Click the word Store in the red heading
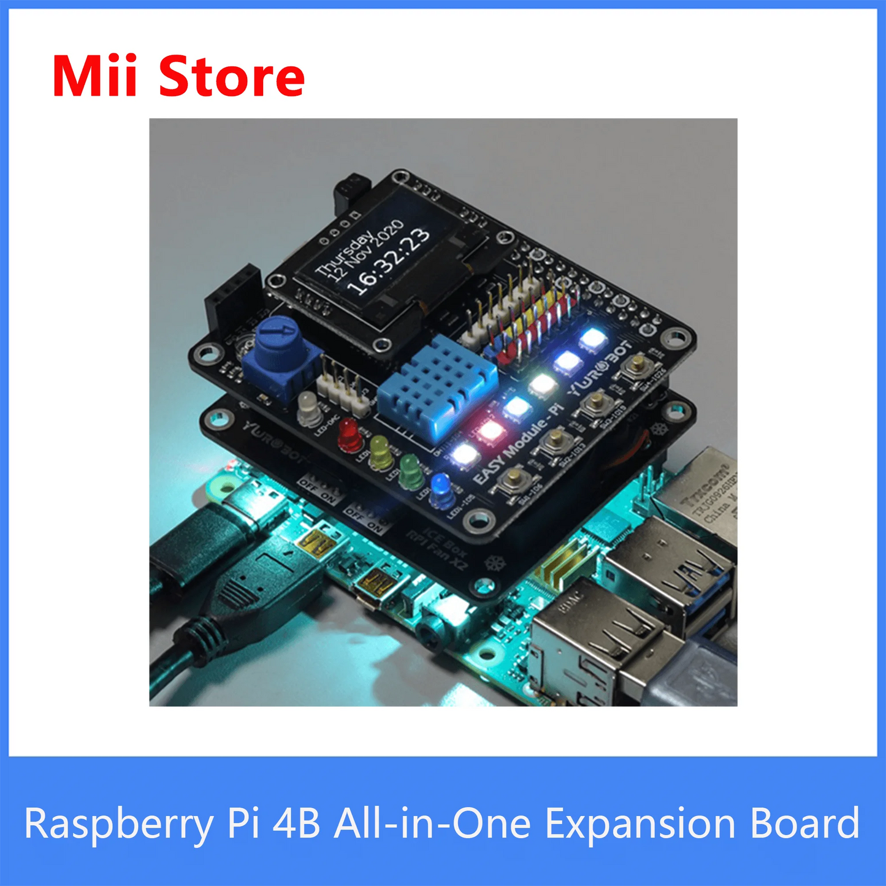point(231,77)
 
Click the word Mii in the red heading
point(94,77)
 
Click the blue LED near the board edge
point(441,489)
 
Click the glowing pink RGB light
point(491,431)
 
